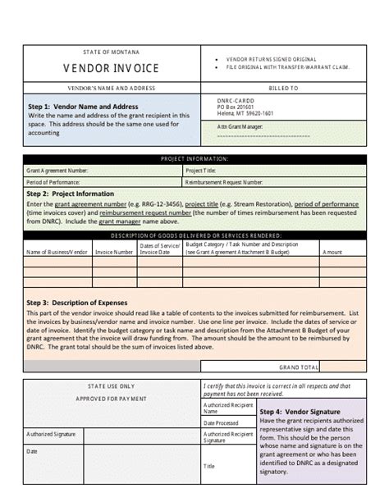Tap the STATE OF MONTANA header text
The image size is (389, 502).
click(111, 52)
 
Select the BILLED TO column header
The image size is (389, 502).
click(282, 87)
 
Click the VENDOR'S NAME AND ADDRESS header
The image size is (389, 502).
click(111, 87)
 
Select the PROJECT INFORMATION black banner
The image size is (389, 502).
click(194, 159)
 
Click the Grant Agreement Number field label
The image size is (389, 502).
click(57, 171)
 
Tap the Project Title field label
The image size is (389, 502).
click(204, 171)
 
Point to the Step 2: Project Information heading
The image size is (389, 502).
click(71, 194)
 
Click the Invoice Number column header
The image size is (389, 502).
click(114, 252)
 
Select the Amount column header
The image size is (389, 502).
click(332, 252)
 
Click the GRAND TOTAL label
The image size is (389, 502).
click(299, 367)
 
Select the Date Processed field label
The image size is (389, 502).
click(221, 422)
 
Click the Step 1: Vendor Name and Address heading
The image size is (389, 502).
click(83, 107)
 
